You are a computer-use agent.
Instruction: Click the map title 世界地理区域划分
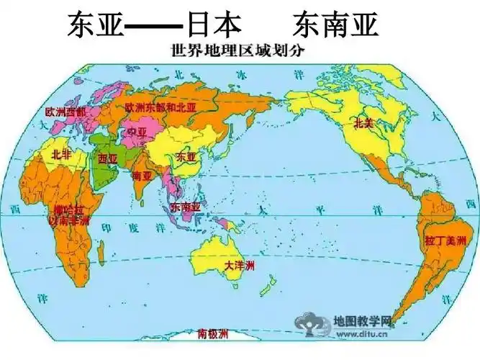(240, 52)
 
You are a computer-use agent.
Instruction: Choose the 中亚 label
(137, 132)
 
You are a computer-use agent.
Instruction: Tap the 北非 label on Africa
(61, 154)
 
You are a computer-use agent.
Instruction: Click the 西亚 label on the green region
(107, 158)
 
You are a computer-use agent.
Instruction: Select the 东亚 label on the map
(186, 156)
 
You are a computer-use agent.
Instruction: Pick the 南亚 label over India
(142, 175)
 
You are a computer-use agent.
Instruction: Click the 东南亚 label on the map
(186, 207)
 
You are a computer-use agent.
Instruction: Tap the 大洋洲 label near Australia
(239, 266)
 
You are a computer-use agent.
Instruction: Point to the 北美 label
(364, 123)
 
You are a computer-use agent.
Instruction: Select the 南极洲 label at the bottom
(213, 334)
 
